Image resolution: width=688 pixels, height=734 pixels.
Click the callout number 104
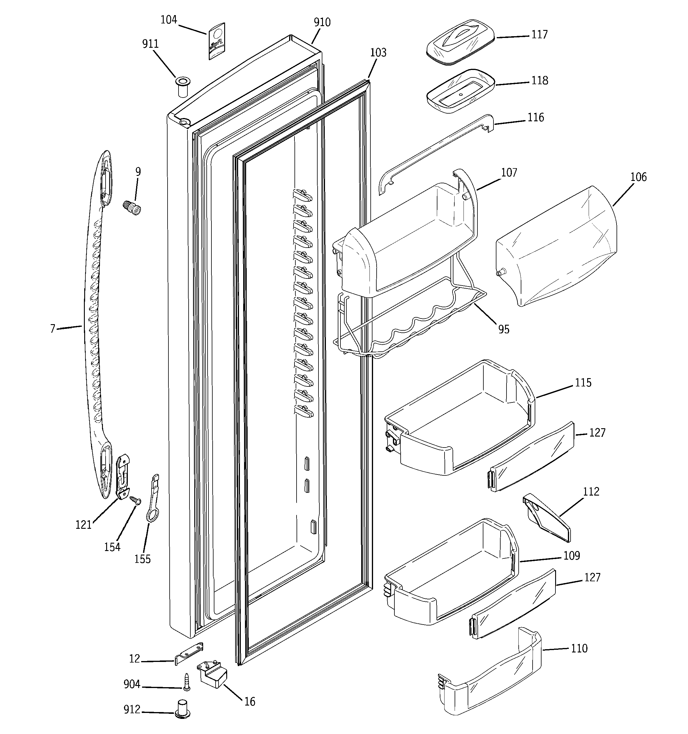[169, 20]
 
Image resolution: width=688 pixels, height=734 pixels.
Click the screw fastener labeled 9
[132, 208]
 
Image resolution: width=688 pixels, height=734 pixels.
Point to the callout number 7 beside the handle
[53, 328]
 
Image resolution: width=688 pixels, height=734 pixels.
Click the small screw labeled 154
[136, 500]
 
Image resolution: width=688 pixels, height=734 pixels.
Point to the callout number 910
[322, 23]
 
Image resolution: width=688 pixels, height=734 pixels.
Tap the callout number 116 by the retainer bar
[536, 117]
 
